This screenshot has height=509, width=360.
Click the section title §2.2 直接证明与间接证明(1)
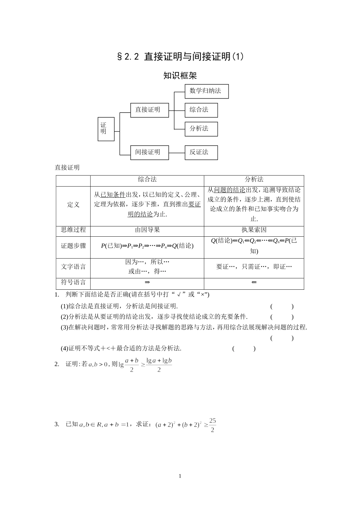[180, 57]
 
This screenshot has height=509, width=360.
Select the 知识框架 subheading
[180, 75]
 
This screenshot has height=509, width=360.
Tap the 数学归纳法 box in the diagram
[207, 91]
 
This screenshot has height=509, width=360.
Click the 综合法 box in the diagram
[201, 110]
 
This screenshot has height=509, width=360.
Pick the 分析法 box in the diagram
[201, 129]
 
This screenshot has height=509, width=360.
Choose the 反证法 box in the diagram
[201, 152]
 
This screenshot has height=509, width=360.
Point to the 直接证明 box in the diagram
[149, 110]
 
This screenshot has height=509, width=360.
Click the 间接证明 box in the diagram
[149, 152]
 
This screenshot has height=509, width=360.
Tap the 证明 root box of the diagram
[106, 129]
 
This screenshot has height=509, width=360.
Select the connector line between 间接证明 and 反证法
[177, 153]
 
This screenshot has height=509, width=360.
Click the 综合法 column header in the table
[147, 180]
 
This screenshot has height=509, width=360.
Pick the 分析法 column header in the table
[254, 180]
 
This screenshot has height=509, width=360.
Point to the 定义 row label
[73, 205]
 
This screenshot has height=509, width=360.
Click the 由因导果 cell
[147, 230]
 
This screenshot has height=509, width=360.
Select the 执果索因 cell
[254, 230]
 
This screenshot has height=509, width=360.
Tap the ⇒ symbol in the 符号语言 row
[147, 283]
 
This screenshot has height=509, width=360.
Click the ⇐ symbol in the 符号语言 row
[254, 283]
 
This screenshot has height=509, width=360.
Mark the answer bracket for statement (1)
[282, 307]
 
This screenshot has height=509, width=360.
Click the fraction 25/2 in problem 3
[212, 425]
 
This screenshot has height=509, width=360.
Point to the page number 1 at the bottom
[180, 476]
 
